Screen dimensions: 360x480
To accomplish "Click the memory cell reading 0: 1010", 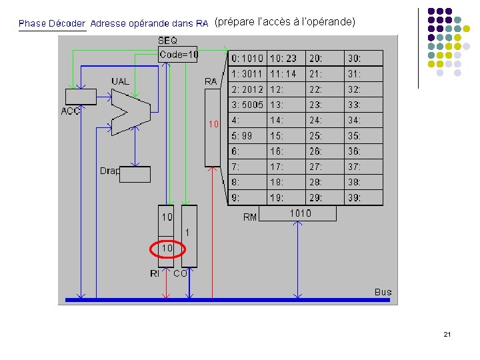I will pos(247,59).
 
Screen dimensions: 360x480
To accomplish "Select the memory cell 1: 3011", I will pos(247,74).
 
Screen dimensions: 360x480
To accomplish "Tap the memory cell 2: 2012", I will pos(247,89).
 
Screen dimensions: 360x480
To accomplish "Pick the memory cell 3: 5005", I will pos(247,105).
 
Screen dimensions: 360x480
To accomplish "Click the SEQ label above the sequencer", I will pos(168,41).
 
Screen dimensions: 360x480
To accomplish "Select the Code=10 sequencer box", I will pos(178,55).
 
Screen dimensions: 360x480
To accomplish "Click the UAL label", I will pos(121,81).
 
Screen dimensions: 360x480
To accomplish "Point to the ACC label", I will pos(71,111).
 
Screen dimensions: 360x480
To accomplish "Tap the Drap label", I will pos(109,171).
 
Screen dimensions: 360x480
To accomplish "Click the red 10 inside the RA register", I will pos(213,124).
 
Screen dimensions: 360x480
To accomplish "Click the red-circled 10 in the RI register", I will pos(167,248).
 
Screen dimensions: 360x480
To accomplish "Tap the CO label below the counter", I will pos(180,273).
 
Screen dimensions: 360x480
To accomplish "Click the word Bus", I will pos(383,292).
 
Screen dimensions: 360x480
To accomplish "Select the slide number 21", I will pos(447,334).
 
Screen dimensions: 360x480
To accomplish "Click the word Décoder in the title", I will pos(67,23).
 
